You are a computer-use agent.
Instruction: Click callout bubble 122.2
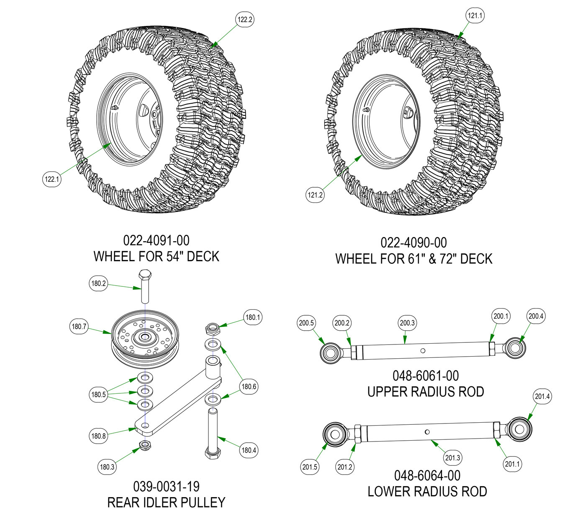[245, 20]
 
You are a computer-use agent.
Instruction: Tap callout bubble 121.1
[475, 15]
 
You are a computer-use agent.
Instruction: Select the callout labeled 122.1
[52, 179]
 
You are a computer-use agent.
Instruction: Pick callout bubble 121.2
[315, 194]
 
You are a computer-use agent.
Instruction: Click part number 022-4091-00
[156, 240]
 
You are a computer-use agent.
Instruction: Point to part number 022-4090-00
[414, 242]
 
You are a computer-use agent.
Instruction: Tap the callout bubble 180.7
[79, 327]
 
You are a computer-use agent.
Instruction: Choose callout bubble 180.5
[98, 394]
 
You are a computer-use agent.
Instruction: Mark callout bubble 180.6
[249, 387]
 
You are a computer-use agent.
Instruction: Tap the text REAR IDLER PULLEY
[166, 502]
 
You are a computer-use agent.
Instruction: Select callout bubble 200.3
[407, 323]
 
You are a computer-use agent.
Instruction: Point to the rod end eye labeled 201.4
[520, 430]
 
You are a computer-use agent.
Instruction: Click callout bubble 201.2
[344, 467]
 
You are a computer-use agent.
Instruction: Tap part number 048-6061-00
[426, 376]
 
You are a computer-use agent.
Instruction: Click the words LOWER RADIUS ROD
[427, 491]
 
